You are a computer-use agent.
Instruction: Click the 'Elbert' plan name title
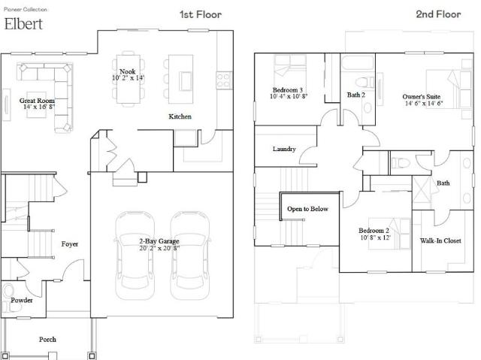click(23, 24)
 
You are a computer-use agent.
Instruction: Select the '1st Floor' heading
click(201, 14)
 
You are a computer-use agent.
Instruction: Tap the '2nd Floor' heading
click(438, 14)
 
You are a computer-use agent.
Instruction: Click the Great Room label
click(37, 100)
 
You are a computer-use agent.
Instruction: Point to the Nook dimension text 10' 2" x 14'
click(128, 78)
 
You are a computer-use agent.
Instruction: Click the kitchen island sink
click(186, 81)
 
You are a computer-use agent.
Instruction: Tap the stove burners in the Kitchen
click(224, 80)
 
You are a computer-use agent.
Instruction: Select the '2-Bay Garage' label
click(159, 241)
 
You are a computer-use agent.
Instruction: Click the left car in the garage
click(135, 255)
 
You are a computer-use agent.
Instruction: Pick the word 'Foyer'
click(70, 244)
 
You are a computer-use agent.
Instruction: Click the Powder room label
click(22, 300)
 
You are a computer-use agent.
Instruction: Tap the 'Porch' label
click(47, 340)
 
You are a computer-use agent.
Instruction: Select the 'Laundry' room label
click(284, 149)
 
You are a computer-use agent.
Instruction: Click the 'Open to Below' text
click(307, 209)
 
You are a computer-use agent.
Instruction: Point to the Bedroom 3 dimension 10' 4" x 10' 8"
click(289, 96)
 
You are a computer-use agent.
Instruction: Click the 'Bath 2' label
click(356, 95)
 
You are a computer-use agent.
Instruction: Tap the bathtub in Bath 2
click(358, 63)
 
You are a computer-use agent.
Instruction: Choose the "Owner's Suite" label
click(422, 97)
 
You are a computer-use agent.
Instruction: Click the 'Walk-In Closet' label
click(440, 241)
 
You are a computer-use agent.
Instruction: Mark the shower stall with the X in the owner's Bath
click(422, 189)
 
